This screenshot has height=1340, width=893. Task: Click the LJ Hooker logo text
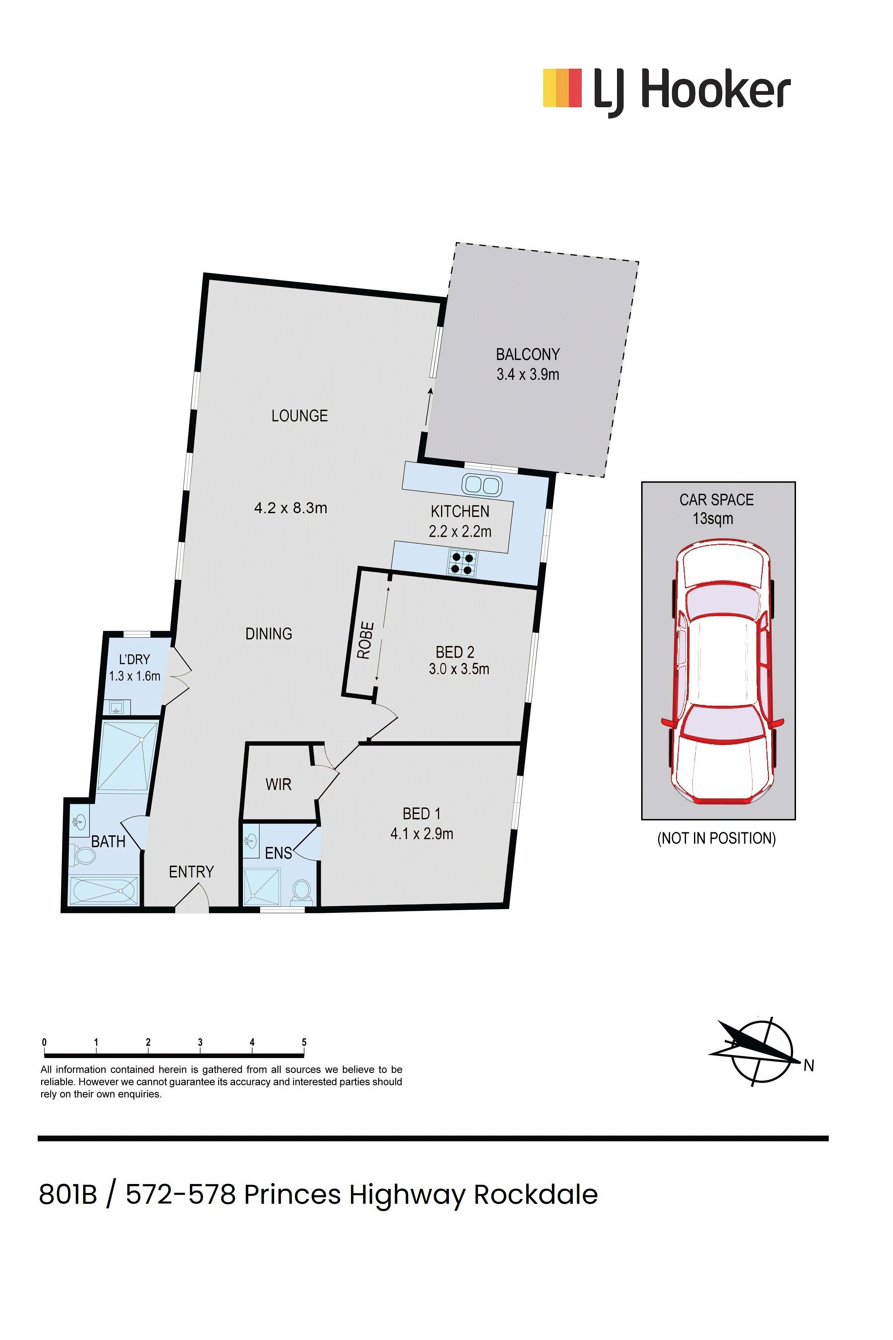tap(692, 90)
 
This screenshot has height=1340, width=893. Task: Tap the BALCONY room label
tap(527, 354)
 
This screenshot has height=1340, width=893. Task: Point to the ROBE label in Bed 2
tap(366, 641)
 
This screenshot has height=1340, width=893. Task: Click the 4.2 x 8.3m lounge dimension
tap(290, 508)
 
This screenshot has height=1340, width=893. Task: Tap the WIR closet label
tap(278, 785)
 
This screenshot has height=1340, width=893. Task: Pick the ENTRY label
tap(191, 872)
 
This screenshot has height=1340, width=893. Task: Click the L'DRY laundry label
tap(134, 659)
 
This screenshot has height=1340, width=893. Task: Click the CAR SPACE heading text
tap(716, 500)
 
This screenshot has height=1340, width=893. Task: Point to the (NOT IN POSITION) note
tap(716, 838)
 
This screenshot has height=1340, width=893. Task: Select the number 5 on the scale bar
tap(304, 1043)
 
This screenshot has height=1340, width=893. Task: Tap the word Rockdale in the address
tap(535, 1194)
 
